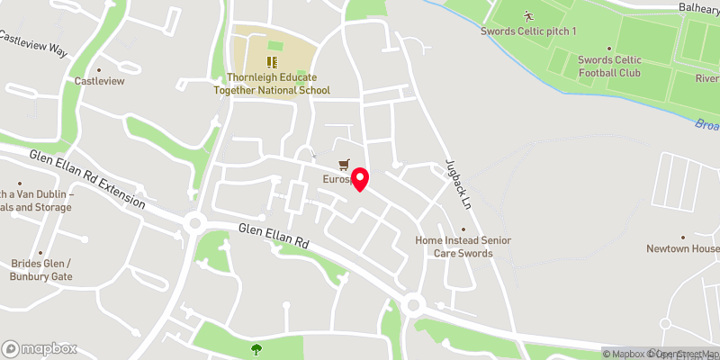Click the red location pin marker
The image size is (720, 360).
359,178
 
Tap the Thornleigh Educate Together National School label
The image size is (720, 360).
272,84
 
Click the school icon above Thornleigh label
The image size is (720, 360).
272,62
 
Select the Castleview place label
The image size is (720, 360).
98,81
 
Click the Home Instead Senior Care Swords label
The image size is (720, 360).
463,247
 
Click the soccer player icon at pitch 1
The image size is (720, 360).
526,16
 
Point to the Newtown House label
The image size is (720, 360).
683,248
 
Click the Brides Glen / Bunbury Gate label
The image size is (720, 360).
40,269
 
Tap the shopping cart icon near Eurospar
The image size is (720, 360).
343,165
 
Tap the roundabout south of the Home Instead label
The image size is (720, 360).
414,305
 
